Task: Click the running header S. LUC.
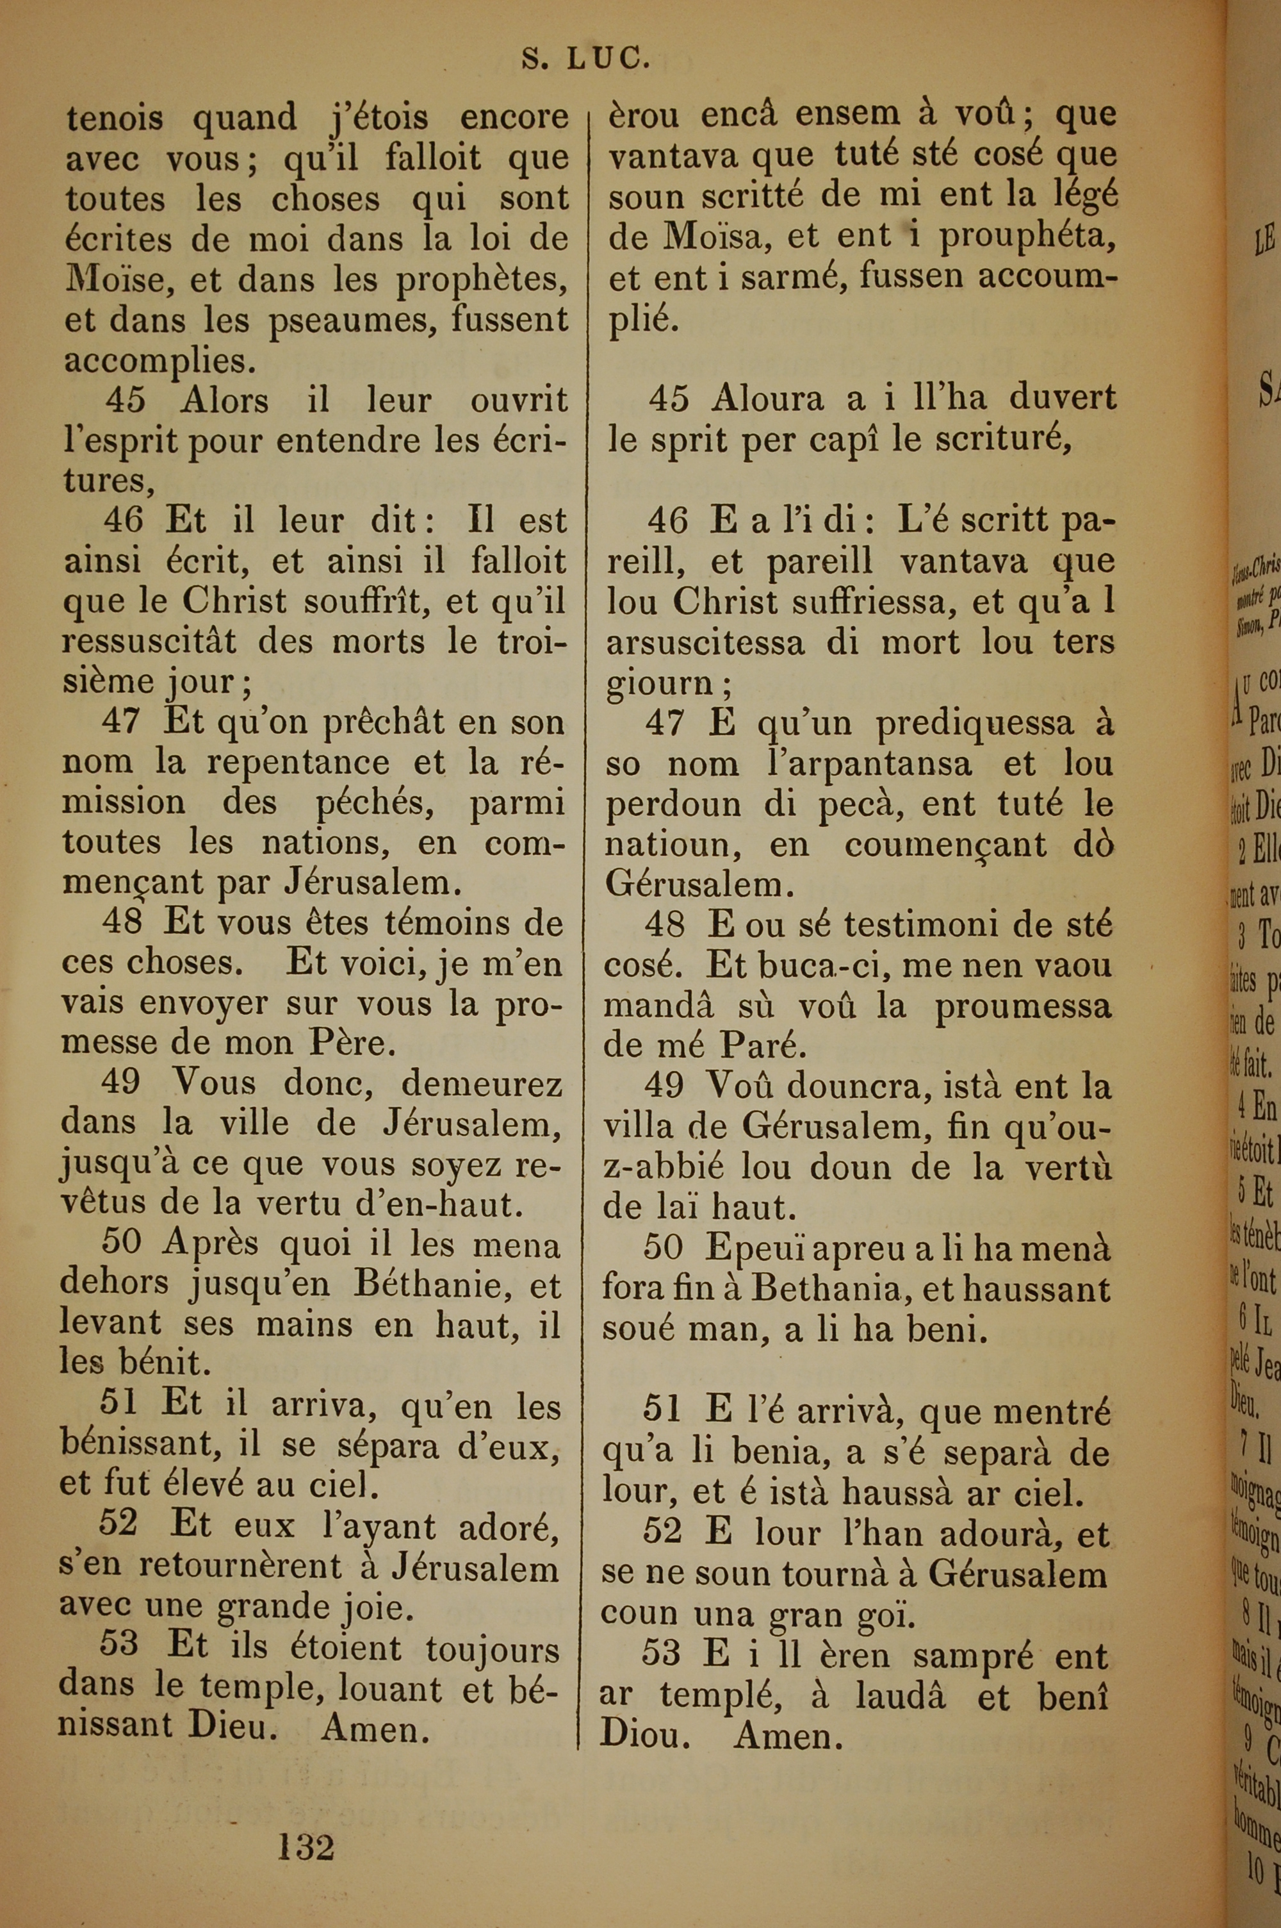pyautogui.click(x=586, y=60)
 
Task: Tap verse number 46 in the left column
pyautogui.click(x=124, y=520)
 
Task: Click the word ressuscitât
pyautogui.click(x=149, y=641)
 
